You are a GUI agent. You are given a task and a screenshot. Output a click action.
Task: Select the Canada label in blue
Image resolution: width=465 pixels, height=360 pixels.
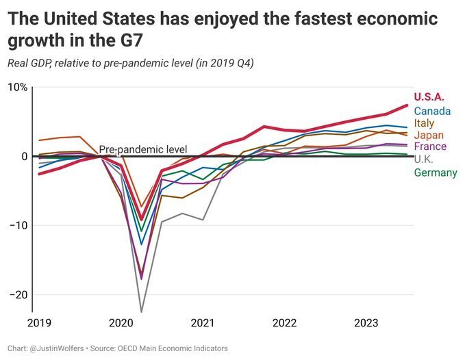coord(432,111)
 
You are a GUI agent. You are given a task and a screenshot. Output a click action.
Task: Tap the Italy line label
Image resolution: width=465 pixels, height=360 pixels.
coord(425,123)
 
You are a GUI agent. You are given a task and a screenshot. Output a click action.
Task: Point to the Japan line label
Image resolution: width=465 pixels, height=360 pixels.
coord(429,136)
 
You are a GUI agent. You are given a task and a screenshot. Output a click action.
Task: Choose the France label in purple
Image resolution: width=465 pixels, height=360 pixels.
coord(430,146)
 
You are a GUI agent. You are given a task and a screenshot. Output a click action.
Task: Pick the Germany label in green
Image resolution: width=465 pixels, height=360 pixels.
coord(436,172)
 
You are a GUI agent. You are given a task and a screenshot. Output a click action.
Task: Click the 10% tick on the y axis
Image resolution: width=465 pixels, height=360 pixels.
coord(17,88)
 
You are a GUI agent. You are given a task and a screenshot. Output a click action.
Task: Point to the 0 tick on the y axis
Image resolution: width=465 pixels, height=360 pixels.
coord(23,156)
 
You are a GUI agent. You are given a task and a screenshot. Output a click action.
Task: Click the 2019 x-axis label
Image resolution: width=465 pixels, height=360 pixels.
coord(40,322)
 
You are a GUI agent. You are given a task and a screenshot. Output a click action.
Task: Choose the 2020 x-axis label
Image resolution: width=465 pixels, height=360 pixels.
coord(121,322)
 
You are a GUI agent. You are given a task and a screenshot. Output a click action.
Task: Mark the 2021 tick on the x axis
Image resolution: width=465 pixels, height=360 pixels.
coord(203,322)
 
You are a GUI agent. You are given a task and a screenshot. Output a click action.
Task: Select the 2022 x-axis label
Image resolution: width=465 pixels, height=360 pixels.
coord(284,322)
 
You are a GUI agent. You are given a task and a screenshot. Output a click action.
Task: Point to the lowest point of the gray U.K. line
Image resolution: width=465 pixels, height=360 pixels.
coord(141,311)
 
